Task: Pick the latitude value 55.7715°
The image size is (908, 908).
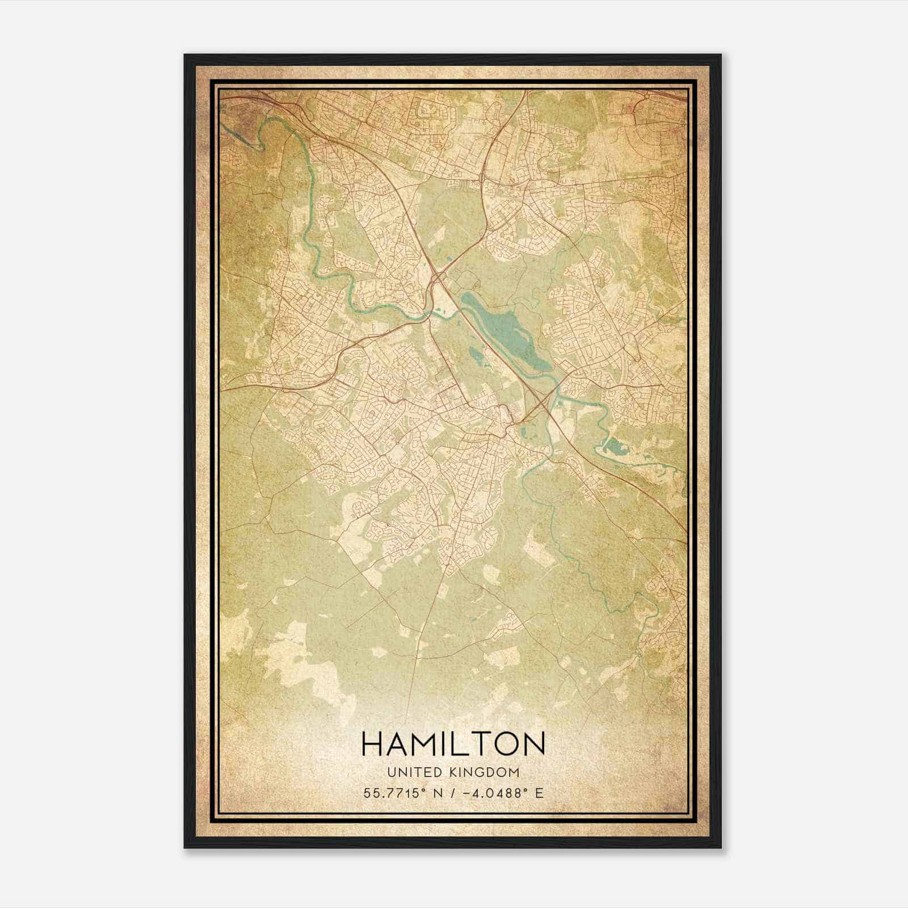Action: [395, 793]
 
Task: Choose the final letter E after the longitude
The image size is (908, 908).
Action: [539, 793]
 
